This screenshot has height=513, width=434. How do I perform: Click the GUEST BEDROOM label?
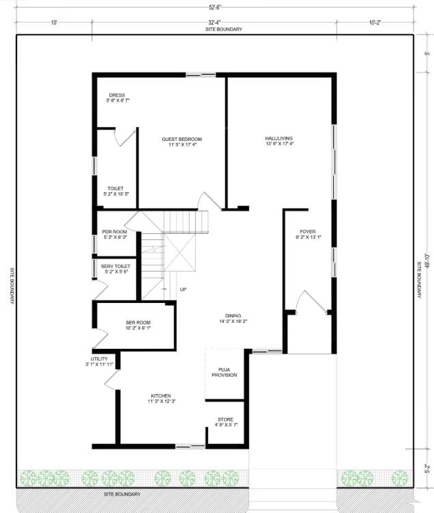181,140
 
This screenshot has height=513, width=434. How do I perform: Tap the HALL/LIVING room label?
279,140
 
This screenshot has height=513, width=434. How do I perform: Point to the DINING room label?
233,315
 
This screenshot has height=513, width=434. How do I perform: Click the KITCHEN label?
161,396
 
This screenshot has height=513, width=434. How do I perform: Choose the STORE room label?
225,419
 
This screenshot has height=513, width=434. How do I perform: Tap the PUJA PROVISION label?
224,372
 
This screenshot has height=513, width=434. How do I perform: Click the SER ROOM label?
138,322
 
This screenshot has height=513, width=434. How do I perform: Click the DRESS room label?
116,95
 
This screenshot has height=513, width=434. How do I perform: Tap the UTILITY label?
99,358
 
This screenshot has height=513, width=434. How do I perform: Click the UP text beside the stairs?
183,290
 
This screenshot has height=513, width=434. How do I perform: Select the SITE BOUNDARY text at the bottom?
122,494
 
